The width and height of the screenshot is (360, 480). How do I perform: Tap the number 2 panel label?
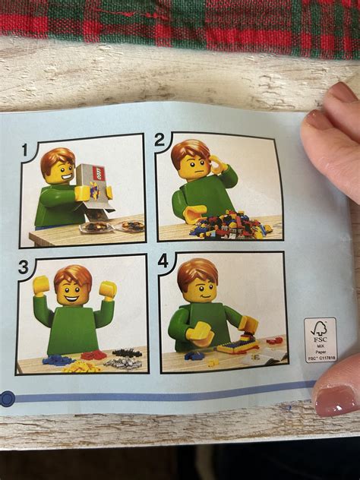point(159,140)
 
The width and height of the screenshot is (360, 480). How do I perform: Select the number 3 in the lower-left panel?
point(23,267)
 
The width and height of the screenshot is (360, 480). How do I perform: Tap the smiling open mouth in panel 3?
point(74,298)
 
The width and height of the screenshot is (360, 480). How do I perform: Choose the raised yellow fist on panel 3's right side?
point(109,289)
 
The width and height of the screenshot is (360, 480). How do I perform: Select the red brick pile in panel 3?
point(93,355)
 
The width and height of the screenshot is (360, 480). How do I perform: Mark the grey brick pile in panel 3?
point(123,362)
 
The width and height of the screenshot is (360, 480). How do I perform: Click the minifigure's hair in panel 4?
point(196,270)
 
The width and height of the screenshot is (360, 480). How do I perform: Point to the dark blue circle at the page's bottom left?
point(7,397)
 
